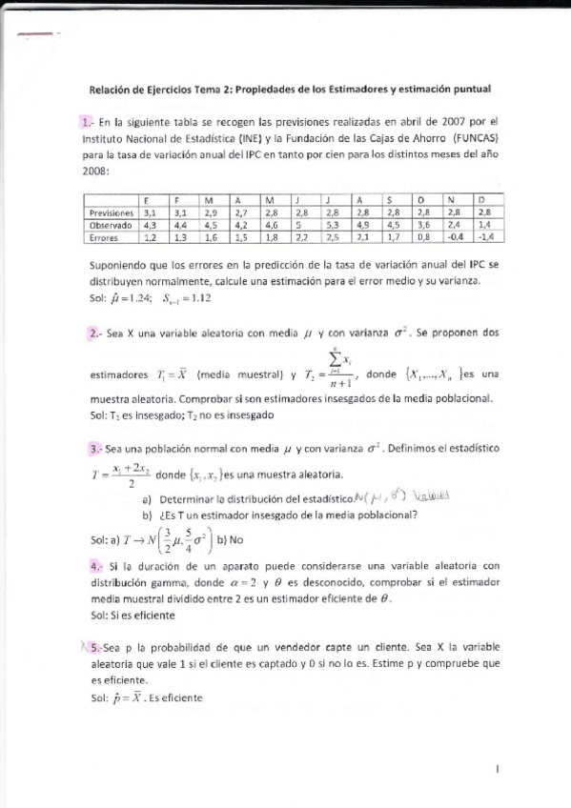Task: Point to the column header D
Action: (x=481, y=200)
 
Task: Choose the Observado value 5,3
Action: (x=332, y=225)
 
